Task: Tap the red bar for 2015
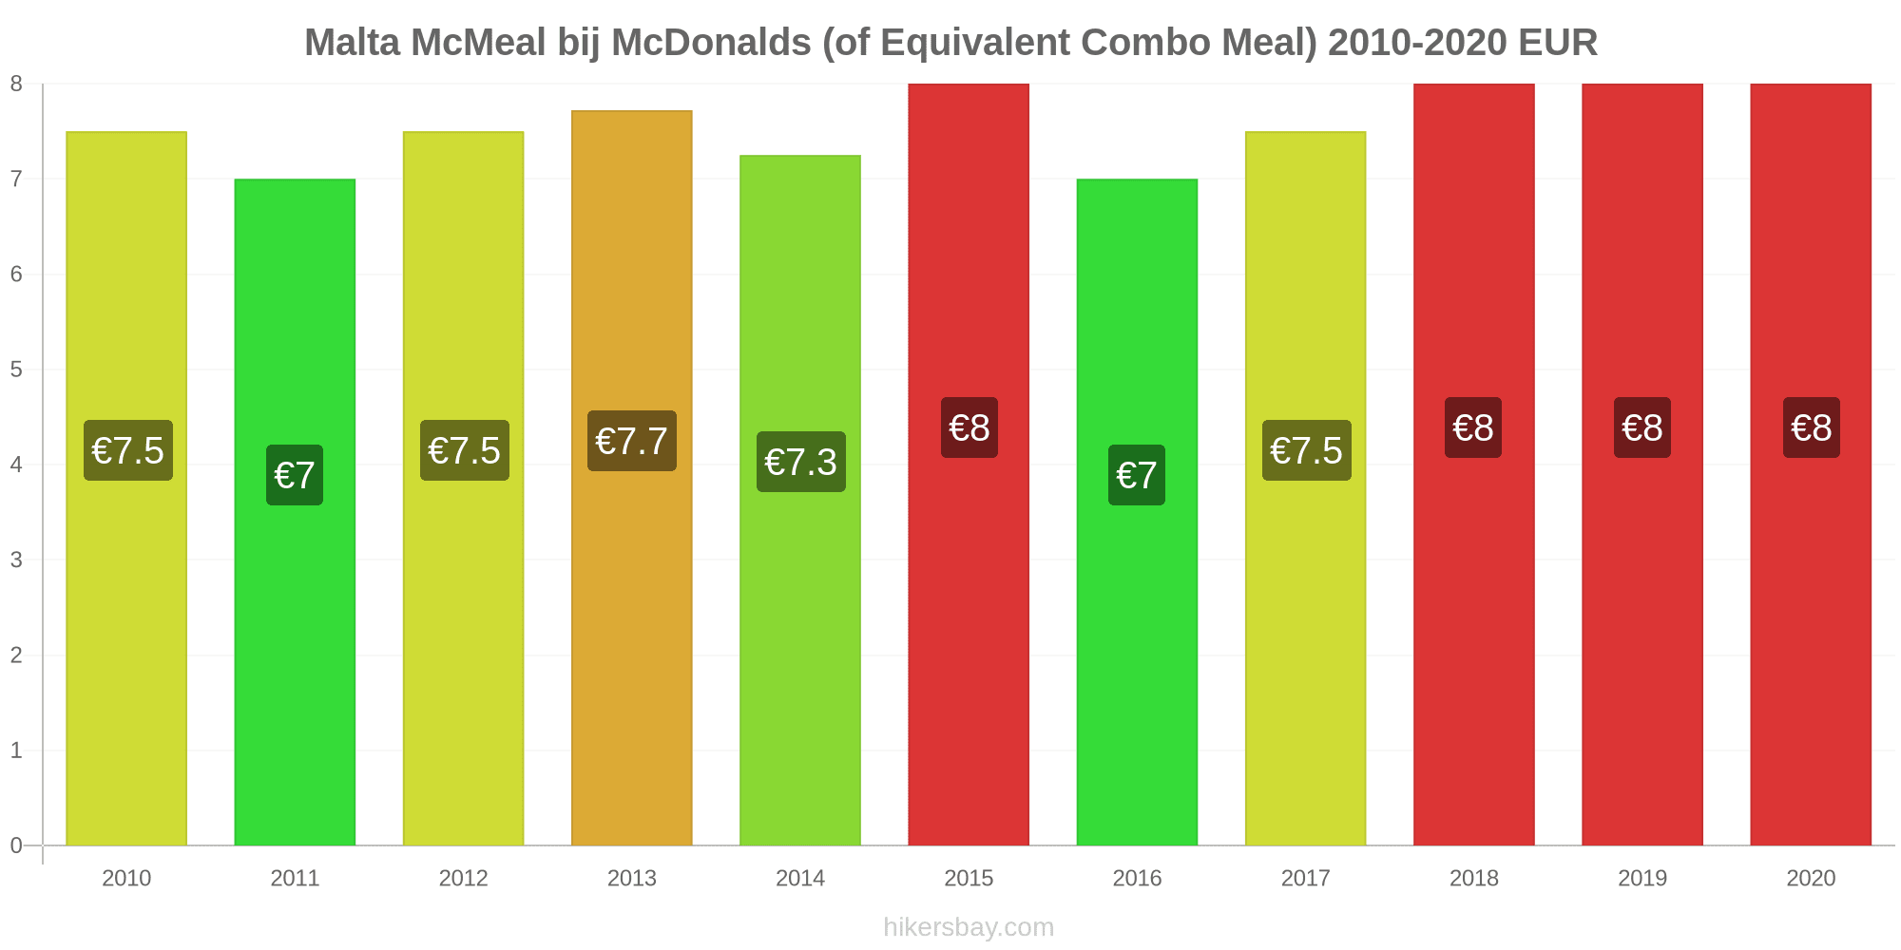[x=969, y=617]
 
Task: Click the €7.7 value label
[x=632, y=441]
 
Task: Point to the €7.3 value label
[x=800, y=462]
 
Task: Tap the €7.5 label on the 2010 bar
[x=127, y=450]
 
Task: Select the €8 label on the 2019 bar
[x=1642, y=427]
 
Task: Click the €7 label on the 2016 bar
[x=1137, y=475]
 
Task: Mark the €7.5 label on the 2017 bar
[x=1306, y=450]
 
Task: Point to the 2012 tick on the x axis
[x=463, y=878]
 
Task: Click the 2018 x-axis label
[x=1473, y=878]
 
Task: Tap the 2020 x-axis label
[x=1811, y=878]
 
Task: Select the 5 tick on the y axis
[x=16, y=370]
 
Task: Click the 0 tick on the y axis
[x=16, y=845]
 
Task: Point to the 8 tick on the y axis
[x=16, y=84]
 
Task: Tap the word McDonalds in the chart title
[x=710, y=43]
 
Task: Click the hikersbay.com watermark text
[x=969, y=927]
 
